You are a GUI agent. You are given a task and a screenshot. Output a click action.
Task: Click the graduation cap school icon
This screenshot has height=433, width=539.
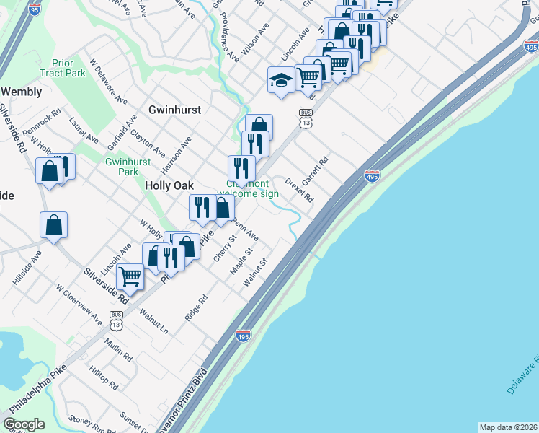pos(280,80)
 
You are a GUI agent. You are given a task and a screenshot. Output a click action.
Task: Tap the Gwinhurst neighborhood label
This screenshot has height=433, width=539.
pos(174,110)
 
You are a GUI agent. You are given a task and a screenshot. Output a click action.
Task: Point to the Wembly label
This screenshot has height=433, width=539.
pos(21,92)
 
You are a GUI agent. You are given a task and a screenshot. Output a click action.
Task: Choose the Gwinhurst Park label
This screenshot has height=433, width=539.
pos(121,167)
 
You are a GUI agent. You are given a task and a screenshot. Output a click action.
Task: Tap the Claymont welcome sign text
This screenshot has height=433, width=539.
pos(248,188)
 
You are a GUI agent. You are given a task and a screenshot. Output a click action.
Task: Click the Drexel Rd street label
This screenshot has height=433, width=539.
pos(300,189)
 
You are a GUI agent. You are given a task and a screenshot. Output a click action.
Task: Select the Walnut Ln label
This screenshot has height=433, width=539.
pos(153,322)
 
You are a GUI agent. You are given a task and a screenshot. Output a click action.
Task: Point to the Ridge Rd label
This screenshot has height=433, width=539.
pos(196,307)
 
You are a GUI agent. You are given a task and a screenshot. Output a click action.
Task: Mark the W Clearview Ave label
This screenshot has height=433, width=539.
pos(79,302)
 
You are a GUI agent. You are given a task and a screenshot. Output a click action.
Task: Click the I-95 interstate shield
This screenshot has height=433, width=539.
pos(35,9)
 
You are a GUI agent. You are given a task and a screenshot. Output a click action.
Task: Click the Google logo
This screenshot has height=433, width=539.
pos(24,424)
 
